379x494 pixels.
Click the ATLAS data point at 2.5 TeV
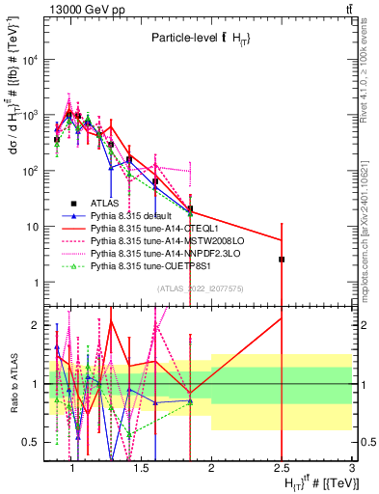point(282,260)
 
